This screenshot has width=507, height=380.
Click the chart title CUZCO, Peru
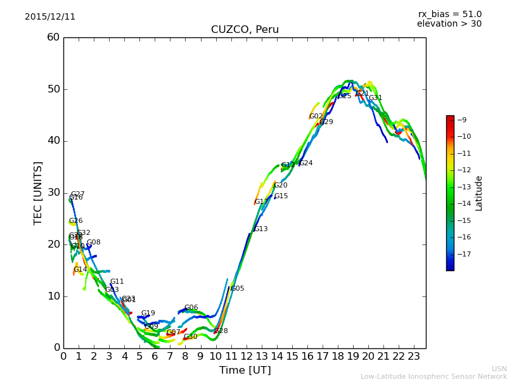tap(245, 30)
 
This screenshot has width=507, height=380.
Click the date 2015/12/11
tap(50, 17)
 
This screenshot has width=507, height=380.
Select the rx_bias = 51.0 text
tap(449, 15)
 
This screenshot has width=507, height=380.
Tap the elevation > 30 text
tap(449, 24)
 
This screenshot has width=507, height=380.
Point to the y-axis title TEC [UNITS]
tap(39, 193)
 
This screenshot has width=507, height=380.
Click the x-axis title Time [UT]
tap(245, 370)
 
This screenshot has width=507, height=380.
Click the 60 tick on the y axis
tap(53, 37)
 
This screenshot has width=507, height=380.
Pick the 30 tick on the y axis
tap(53, 193)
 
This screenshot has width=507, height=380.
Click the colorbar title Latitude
tap(479, 193)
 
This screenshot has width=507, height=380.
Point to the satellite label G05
tap(237, 289)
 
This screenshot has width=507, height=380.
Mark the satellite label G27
tap(78, 194)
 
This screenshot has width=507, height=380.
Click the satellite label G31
tap(375, 98)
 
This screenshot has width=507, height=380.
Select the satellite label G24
tap(306, 163)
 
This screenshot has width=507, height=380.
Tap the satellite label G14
tap(80, 270)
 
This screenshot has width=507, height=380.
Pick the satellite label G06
tap(191, 308)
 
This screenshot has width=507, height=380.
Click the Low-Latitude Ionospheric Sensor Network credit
tap(433, 376)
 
